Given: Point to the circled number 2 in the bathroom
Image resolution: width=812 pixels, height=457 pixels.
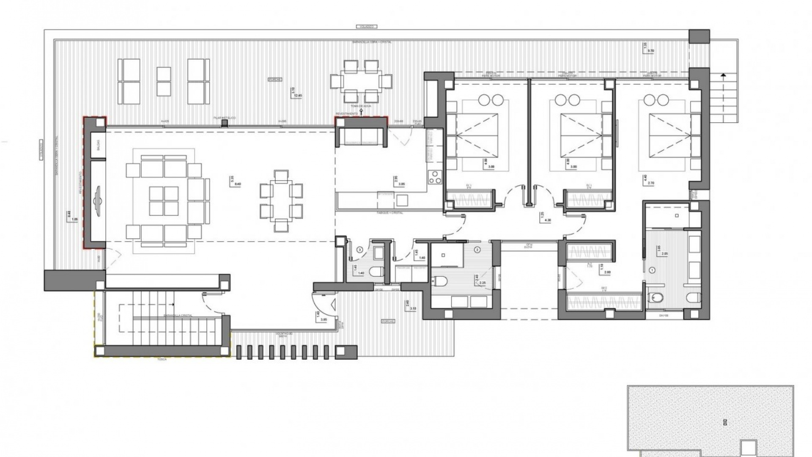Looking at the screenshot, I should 477,250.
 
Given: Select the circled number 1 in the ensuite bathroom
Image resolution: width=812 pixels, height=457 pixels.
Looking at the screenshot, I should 652,270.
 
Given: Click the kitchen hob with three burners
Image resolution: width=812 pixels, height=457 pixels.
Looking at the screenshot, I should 434,177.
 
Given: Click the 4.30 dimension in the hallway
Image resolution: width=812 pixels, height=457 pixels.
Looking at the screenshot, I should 548,220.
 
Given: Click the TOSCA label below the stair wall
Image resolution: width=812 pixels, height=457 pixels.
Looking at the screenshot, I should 162,359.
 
